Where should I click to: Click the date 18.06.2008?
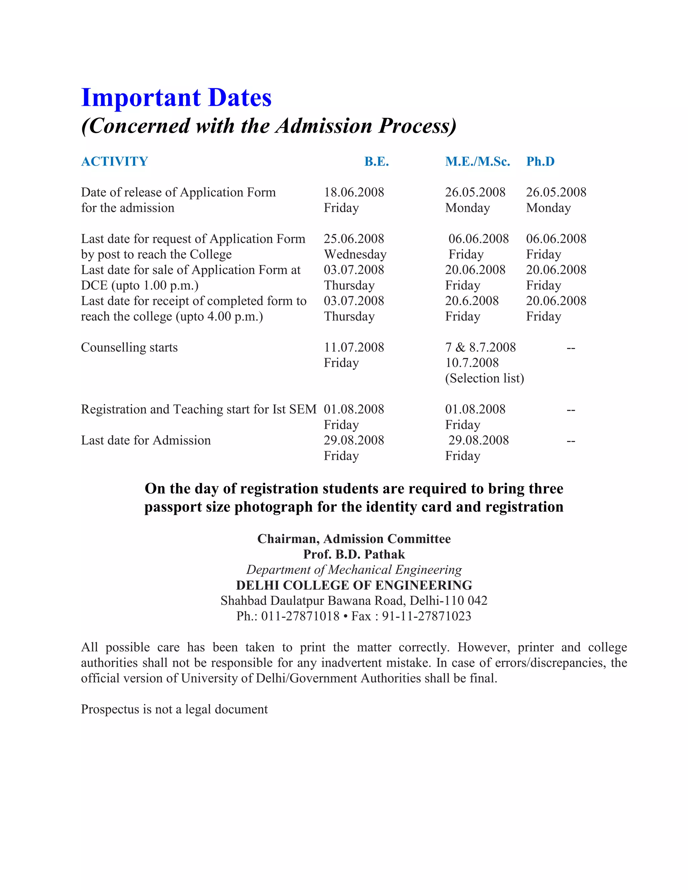click(354, 192)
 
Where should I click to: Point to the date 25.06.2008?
click(354, 239)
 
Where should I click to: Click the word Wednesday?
click(355, 254)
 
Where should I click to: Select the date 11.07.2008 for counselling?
click(354, 347)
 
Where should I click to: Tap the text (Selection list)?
click(484, 378)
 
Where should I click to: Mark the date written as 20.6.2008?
click(472, 301)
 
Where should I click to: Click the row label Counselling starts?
click(129, 347)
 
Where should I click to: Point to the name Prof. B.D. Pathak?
click(354, 554)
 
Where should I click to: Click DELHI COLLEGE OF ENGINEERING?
click(354, 585)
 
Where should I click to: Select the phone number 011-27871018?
click(300, 616)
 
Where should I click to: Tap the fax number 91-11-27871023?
click(426, 616)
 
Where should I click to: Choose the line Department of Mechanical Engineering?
click(354, 570)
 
